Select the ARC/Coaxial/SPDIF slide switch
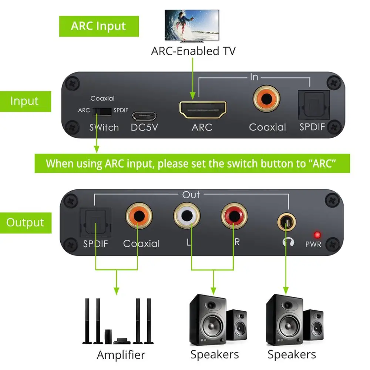(x=102, y=111)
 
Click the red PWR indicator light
(x=317, y=235)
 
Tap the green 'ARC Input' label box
(x=99, y=26)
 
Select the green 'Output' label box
(x=25, y=223)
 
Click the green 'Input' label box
(x=24, y=101)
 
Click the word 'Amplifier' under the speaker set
(x=121, y=354)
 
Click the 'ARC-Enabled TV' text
(x=193, y=51)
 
